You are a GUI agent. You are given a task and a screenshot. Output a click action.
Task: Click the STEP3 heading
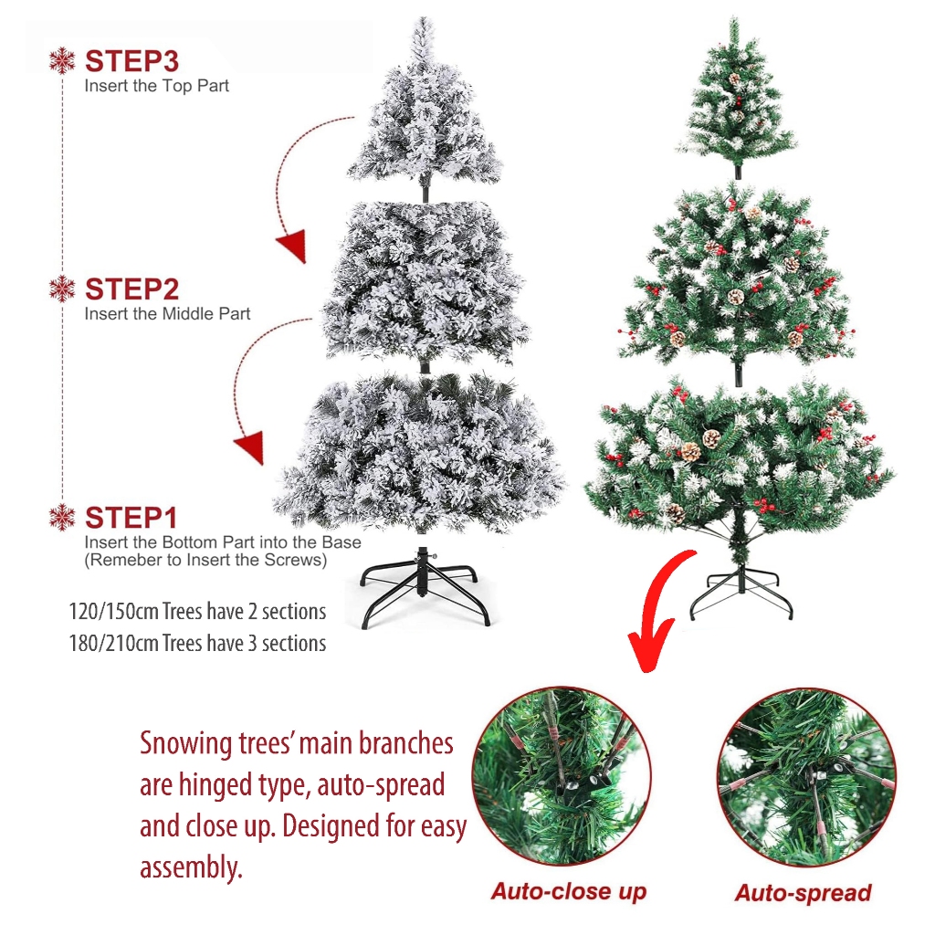pyautogui.click(x=131, y=61)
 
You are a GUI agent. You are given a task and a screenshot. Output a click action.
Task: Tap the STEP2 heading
pyautogui.click(x=131, y=289)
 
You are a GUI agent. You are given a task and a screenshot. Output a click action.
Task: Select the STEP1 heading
pyautogui.click(x=131, y=518)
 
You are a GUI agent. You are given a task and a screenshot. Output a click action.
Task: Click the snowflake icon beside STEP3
pyautogui.click(x=62, y=61)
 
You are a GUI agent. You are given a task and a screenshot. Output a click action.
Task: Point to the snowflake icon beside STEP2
pyautogui.click(x=62, y=289)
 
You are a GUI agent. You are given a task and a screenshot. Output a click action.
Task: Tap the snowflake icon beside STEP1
pyautogui.click(x=62, y=518)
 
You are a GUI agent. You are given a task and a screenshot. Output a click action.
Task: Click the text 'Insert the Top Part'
pyautogui.click(x=157, y=86)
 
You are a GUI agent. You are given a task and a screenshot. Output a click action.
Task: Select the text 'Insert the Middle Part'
pyautogui.click(x=168, y=314)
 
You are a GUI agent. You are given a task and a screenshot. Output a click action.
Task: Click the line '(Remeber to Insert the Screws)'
pyautogui.click(x=205, y=560)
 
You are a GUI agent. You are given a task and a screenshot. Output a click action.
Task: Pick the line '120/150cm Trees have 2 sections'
pyautogui.click(x=197, y=612)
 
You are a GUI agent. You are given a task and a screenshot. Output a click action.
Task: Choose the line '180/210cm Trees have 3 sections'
pyautogui.click(x=197, y=644)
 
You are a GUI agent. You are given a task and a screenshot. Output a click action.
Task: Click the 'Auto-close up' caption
pyautogui.click(x=569, y=891)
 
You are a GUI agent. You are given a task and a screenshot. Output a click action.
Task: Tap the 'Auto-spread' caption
pyautogui.click(x=804, y=893)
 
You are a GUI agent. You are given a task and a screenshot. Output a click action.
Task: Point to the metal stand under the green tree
pyautogui.click(x=741, y=591)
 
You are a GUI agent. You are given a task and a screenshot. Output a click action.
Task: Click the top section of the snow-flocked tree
pyautogui.click(x=425, y=110)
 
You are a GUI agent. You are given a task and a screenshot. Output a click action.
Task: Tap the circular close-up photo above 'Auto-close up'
pyautogui.click(x=562, y=776)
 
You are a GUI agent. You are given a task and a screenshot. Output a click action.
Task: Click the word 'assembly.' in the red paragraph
pyautogui.click(x=192, y=867)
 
